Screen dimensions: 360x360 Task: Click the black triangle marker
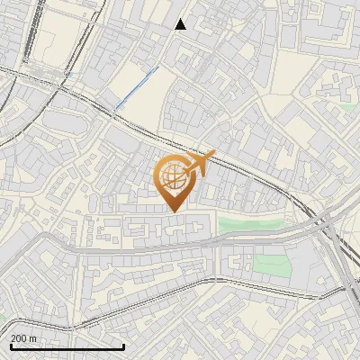point(181,24)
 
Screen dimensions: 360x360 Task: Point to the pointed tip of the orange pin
point(173,211)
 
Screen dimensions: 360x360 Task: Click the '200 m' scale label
point(23,337)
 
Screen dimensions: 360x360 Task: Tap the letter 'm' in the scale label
point(32,337)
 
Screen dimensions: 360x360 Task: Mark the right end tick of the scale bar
point(123,346)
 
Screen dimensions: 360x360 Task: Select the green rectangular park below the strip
point(269,264)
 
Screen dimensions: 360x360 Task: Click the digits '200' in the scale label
point(19,337)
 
